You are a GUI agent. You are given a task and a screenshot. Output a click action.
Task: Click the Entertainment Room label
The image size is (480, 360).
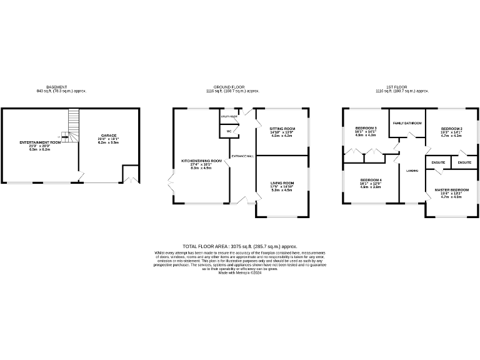click(39, 142)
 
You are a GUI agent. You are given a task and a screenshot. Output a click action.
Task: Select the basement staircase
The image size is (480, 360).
click(74, 124)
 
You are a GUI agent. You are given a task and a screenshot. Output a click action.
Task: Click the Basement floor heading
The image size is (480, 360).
click(56, 87)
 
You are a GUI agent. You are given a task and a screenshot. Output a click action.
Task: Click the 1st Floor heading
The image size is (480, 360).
click(397, 87)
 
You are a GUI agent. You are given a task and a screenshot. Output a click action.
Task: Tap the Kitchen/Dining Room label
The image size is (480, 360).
click(201, 161)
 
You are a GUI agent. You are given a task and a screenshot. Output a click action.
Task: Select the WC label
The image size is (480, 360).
click(229, 131)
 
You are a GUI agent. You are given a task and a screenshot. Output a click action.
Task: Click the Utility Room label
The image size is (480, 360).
click(229, 116)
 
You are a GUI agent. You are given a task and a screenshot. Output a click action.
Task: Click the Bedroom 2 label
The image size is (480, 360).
click(452, 127)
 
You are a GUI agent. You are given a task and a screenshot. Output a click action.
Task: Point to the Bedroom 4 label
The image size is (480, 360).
click(371, 179)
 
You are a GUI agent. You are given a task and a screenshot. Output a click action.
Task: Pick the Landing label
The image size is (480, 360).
click(412, 170)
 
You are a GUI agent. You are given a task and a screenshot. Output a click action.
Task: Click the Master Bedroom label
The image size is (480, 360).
click(451, 189)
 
